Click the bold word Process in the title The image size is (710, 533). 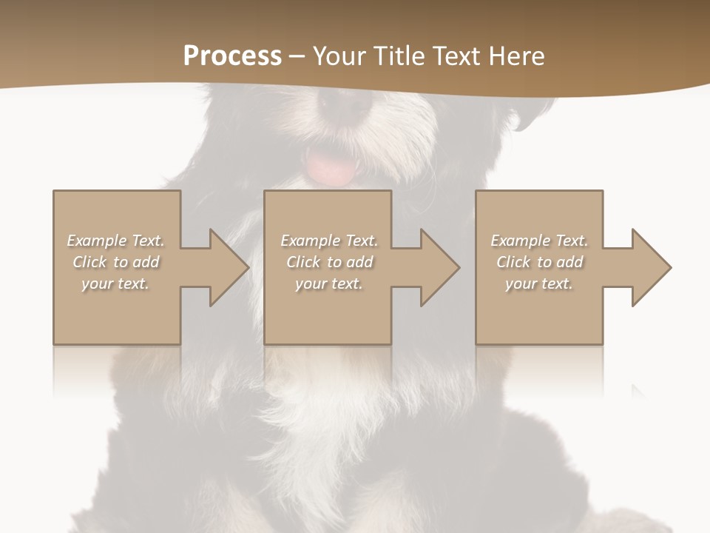[x=232, y=56]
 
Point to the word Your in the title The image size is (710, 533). [x=337, y=56]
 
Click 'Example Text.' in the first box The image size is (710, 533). [x=116, y=241]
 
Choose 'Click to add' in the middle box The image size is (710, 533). [x=329, y=262]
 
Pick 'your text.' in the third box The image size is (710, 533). [x=539, y=284]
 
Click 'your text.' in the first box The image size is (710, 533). [x=115, y=284]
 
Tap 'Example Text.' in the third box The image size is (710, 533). [x=539, y=241]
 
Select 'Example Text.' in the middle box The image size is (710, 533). [x=329, y=241]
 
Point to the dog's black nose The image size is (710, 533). [x=345, y=104]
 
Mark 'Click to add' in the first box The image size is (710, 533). [x=116, y=262]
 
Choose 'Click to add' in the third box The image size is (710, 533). [x=539, y=262]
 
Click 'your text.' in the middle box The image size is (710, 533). [x=329, y=284]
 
